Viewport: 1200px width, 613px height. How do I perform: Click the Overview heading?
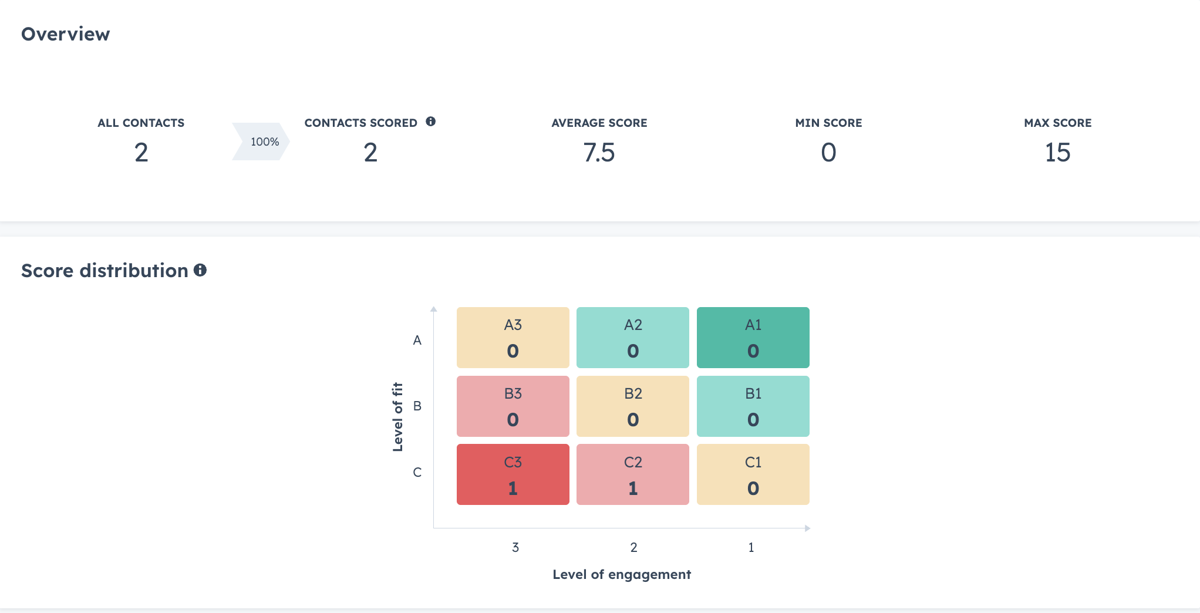[x=65, y=34]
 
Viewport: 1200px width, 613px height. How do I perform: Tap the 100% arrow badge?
[x=262, y=142]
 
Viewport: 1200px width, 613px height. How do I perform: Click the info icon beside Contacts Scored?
[x=431, y=122]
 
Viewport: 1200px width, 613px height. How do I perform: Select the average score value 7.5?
[x=599, y=153]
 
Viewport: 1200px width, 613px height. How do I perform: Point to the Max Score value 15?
[x=1057, y=153]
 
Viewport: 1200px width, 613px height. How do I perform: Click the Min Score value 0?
[x=828, y=153]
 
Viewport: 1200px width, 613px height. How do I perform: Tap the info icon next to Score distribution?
[x=200, y=270]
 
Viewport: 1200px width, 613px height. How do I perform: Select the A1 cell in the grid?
[x=753, y=338]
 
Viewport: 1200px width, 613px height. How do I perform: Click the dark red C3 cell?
[x=513, y=474]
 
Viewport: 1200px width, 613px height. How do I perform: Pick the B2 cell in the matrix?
[x=632, y=406]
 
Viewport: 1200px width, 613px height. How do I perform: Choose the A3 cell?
[x=513, y=338]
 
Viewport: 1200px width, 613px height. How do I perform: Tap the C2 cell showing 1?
[x=632, y=474]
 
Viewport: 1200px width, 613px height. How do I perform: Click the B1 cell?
[x=753, y=406]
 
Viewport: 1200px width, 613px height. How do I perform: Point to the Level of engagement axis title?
[x=622, y=574]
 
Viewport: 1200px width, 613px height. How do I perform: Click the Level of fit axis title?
[x=397, y=417]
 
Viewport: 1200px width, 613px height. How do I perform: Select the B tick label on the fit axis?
[x=417, y=406]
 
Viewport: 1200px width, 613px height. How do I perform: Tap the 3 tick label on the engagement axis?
[x=515, y=547]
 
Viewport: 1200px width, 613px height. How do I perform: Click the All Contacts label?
[x=141, y=123]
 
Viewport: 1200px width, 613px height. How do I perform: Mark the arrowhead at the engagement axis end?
[x=808, y=528]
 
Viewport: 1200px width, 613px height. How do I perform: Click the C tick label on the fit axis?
[x=417, y=472]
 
